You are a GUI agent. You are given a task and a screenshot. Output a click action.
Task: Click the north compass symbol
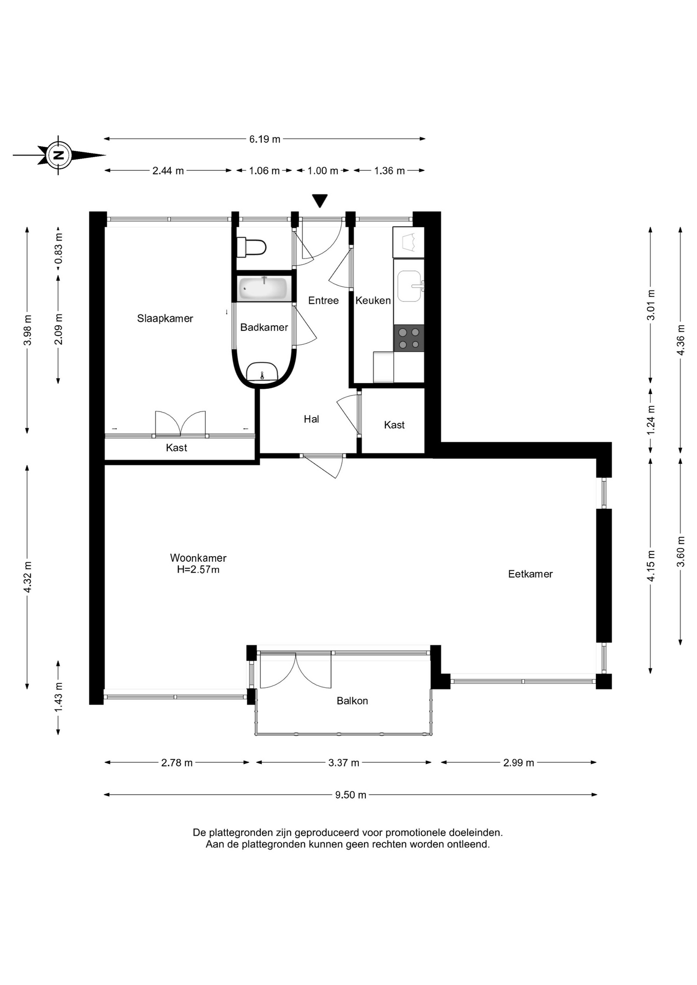[59, 155]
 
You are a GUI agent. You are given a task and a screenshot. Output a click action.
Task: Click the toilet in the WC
[251, 247]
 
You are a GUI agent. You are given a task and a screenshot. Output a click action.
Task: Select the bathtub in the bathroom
[264, 288]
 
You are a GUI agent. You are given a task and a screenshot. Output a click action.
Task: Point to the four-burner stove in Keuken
[409, 338]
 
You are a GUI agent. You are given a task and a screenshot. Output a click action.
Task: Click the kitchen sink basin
[410, 286]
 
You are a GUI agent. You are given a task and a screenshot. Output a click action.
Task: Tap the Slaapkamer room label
[165, 319]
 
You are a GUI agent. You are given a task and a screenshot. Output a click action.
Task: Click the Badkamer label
[264, 327]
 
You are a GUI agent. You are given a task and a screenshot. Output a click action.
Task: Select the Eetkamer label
[530, 574]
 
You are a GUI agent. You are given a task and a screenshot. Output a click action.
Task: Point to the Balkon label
[352, 701]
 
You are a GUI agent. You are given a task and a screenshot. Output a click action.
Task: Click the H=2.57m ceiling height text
[198, 569]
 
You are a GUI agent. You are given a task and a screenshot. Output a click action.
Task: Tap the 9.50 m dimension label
[351, 795]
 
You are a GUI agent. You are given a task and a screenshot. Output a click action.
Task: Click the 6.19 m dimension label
[265, 139]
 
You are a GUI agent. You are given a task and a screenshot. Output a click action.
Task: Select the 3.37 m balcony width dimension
[344, 763]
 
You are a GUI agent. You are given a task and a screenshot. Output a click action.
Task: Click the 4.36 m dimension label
[681, 340]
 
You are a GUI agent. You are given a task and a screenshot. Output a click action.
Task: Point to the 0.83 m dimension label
[59, 248]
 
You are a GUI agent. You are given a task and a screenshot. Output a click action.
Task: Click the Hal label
[312, 419]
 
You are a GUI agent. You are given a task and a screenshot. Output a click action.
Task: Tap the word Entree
[323, 301]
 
